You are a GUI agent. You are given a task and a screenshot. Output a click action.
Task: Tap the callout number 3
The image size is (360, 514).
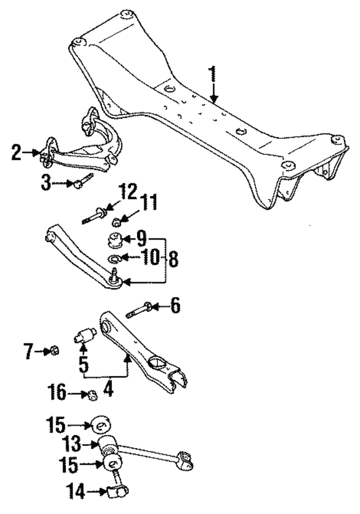pos(47,182)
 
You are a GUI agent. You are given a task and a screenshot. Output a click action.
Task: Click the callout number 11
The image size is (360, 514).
pos(150,202)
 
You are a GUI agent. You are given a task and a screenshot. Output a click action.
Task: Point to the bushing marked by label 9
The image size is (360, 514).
pos(116,240)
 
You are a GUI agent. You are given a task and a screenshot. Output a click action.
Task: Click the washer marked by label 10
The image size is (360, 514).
pos(114,259)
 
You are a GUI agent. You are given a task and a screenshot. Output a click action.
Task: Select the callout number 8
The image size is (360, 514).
pos(172,259)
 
